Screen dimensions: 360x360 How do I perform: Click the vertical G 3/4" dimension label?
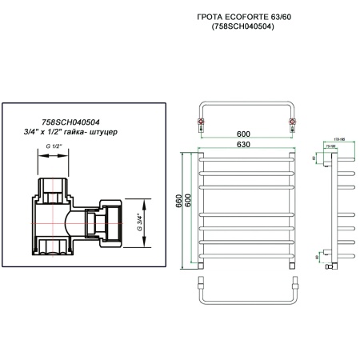(142, 218)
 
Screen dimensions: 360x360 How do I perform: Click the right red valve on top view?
(294, 122)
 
